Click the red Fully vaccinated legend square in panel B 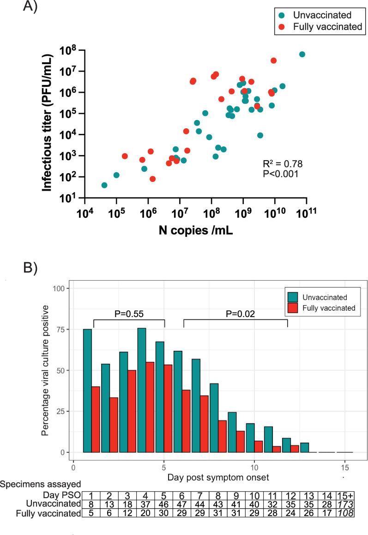pos(293,308)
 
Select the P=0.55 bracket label pos(129,314)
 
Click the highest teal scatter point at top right pos(302,54)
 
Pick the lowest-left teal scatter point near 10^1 pos(104,185)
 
